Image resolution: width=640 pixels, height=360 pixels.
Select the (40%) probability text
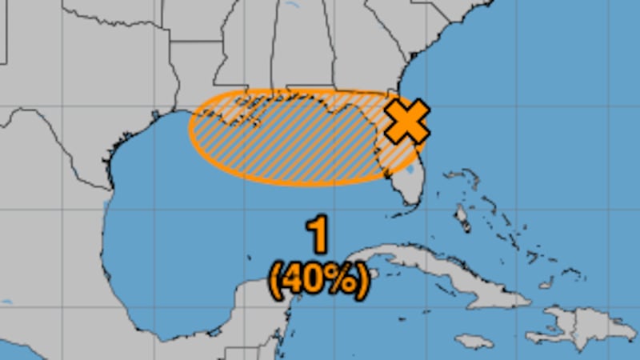click(x=319, y=281)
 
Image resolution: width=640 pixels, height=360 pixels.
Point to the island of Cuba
click(x=448, y=277)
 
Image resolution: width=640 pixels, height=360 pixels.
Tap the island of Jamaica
click(x=474, y=342)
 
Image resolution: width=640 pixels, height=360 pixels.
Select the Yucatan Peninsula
click(x=256, y=316)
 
